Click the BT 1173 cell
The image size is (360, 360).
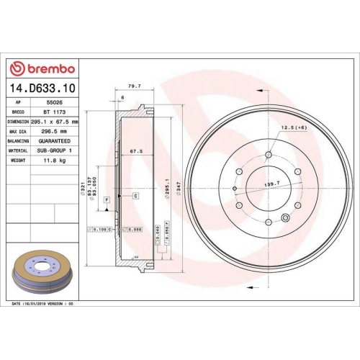pyautogui.click(x=50, y=112)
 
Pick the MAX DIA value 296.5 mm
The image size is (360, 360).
pyautogui.click(x=54, y=132)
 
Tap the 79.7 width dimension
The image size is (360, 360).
pyautogui.click(x=133, y=85)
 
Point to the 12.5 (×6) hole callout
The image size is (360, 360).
pyautogui.click(x=294, y=127)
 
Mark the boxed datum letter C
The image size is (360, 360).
pyautogui.click(x=135, y=196)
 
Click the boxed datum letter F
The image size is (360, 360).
pyautogui.click(x=107, y=199)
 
